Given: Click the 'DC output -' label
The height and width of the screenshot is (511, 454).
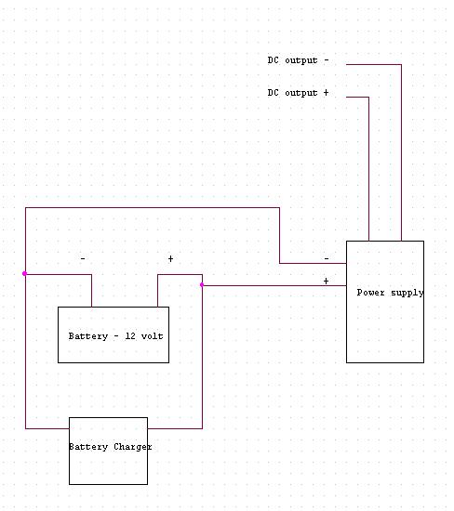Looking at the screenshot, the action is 298,60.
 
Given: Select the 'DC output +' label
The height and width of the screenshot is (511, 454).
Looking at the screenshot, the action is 298,93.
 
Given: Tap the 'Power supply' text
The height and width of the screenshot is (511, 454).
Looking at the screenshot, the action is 391,293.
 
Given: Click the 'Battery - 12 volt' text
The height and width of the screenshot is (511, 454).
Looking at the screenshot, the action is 116,336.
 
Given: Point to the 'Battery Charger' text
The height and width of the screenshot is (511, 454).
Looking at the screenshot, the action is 111,447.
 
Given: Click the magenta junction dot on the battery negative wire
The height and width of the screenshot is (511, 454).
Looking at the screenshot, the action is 24,273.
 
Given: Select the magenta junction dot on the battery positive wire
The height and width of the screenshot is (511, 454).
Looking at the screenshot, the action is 202,285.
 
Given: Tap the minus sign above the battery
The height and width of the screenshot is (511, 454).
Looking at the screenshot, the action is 83,259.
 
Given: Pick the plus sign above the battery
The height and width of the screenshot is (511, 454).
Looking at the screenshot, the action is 170,259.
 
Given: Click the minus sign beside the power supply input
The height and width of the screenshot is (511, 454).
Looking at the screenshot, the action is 327,258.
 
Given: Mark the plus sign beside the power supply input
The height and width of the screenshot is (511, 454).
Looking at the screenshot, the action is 326,281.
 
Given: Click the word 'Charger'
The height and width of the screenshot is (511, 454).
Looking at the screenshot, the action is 133,447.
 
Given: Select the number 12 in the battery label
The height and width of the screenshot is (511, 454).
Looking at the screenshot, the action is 130,336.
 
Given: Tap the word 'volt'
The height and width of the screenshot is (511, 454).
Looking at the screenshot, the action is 152,336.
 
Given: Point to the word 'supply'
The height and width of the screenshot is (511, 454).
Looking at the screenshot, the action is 407,293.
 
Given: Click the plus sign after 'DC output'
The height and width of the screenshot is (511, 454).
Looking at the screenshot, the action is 326,93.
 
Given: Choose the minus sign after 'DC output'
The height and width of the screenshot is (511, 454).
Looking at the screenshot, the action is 327,60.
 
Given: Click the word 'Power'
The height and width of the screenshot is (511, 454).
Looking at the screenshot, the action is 371,293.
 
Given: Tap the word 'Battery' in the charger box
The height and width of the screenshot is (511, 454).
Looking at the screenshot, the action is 88,447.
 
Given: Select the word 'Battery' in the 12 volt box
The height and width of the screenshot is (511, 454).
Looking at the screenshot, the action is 88,336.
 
